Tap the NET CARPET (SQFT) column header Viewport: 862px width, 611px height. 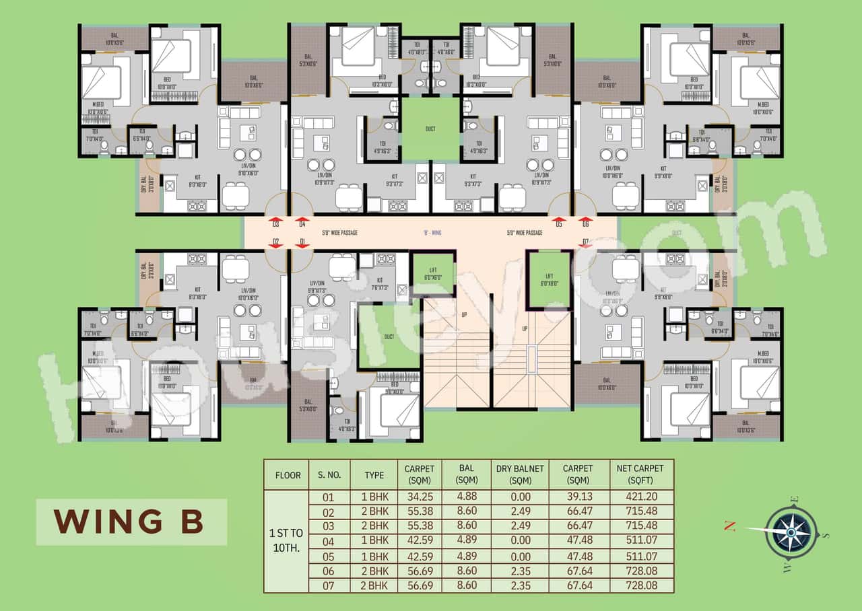click(640, 474)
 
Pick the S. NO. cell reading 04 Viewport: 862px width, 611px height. click(329, 540)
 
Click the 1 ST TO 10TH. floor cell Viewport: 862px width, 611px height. click(286, 540)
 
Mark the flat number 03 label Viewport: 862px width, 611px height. click(275, 224)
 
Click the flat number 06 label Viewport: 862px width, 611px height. click(586, 224)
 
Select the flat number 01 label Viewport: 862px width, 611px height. click(302, 242)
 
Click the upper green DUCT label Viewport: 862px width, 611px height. click(431, 128)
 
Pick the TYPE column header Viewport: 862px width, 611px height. click(374, 474)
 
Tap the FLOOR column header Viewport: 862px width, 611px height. click(288, 474)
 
